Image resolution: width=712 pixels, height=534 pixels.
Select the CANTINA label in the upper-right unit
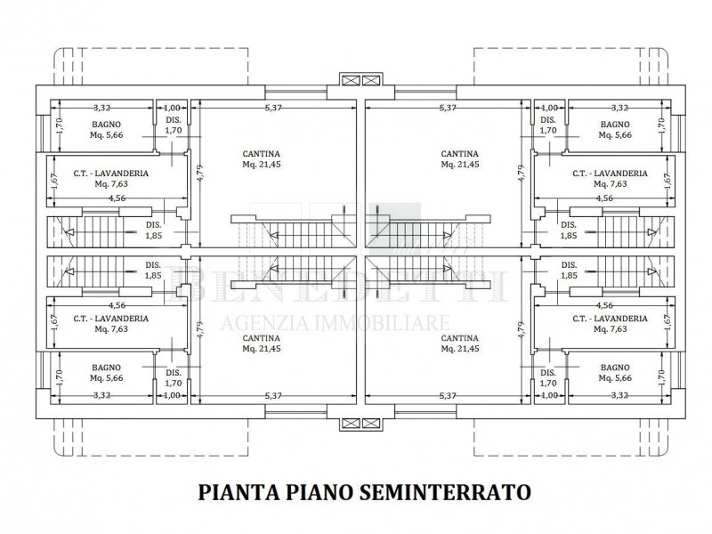pos(460,152)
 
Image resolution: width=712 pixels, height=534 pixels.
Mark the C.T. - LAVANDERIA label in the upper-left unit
pos(111,174)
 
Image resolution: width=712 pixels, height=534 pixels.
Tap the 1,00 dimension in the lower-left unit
pos(173,395)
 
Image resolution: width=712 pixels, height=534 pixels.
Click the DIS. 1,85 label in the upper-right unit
pos(567,230)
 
